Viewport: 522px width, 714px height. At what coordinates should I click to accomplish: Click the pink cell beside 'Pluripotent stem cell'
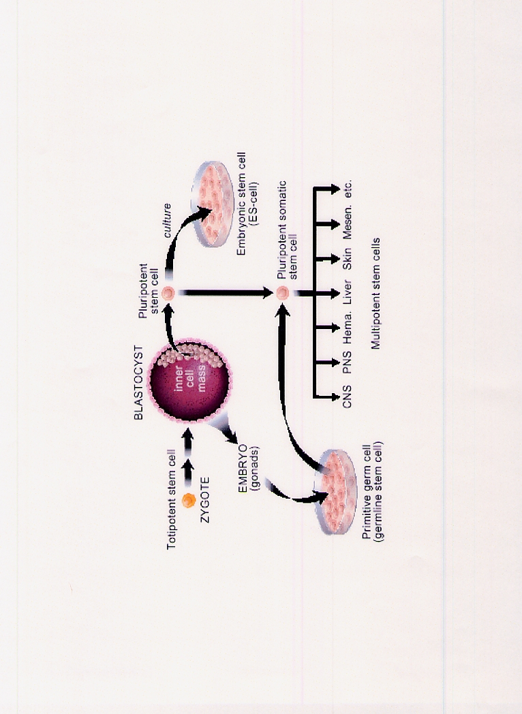168,294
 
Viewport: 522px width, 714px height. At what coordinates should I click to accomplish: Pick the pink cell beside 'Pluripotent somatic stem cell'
282,294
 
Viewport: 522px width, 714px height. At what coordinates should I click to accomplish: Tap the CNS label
348,397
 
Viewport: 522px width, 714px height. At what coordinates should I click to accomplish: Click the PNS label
348,362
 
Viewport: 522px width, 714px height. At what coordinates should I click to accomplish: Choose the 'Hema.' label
348,328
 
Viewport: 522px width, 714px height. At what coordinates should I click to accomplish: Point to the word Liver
348,294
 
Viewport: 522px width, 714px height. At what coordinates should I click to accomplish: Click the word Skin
348,260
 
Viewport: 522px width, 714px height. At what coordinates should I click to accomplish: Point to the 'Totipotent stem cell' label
173,501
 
